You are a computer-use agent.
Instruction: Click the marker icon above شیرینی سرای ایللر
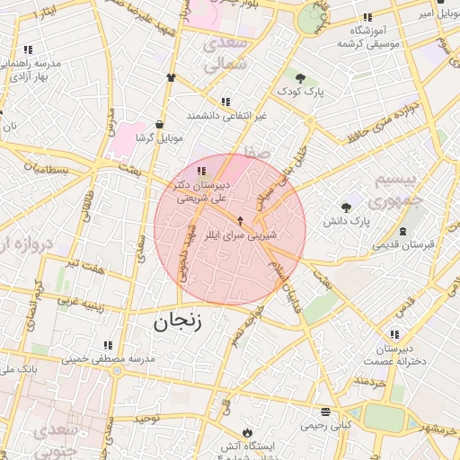coord(240,219)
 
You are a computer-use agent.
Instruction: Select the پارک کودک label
coord(299,92)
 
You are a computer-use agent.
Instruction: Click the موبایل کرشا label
coord(159,138)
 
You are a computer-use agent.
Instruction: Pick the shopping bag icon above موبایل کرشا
coord(159,124)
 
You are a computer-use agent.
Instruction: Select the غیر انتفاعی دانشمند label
coord(226,117)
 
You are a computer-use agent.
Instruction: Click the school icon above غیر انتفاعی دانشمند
coord(225,102)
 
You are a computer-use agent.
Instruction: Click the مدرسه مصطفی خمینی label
coord(109,358)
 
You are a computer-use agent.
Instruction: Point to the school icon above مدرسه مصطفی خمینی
coord(109,345)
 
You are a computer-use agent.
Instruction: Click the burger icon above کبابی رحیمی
coord(324,412)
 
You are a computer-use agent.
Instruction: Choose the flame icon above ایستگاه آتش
coord(249,431)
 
